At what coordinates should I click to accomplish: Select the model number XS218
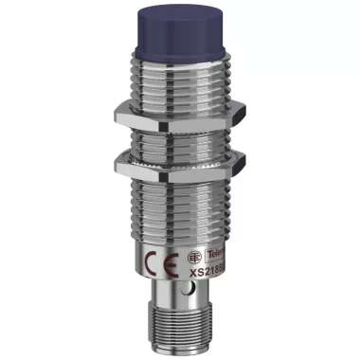(x=212, y=271)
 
